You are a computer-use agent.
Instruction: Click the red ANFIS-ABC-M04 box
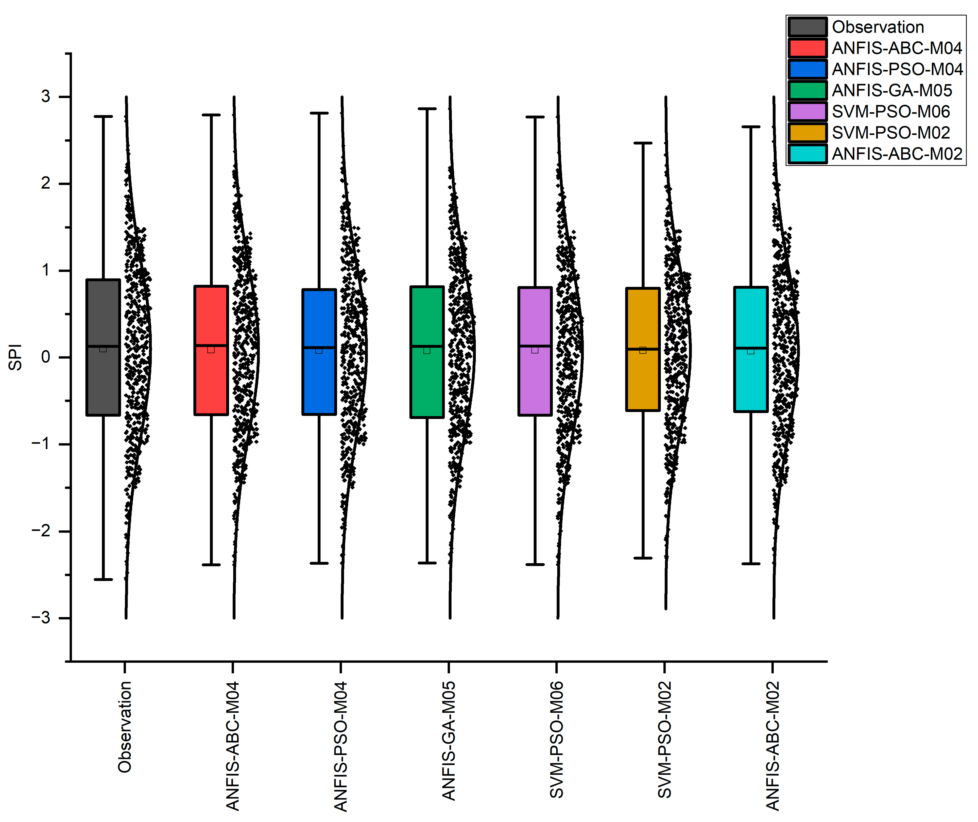[211, 317]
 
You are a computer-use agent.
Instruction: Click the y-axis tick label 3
[46, 97]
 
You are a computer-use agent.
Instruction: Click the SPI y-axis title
[15, 357]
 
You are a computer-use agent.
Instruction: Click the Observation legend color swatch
[807, 27]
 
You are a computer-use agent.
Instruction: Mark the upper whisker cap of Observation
[103, 116]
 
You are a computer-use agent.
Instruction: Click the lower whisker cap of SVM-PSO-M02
[643, 558]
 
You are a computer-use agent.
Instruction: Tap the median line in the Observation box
[103, 346]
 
